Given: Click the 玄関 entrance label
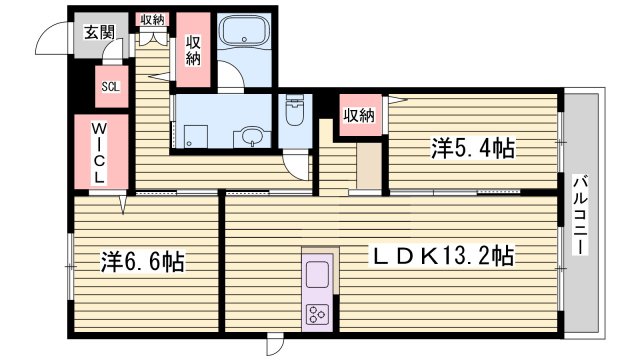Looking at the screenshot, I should (x=97, y=32).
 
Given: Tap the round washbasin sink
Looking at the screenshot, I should (x=250, y=137).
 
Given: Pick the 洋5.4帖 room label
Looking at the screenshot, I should (x=472, y=149).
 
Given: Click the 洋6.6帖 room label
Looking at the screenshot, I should (x=141, y=263).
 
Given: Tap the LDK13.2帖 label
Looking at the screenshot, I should (x=443, y=256).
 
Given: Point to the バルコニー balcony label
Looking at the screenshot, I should (x=580, y=214).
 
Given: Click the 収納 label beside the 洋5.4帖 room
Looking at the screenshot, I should (x=360, y=115).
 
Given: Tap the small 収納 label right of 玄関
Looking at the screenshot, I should (x=152, y=19).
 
